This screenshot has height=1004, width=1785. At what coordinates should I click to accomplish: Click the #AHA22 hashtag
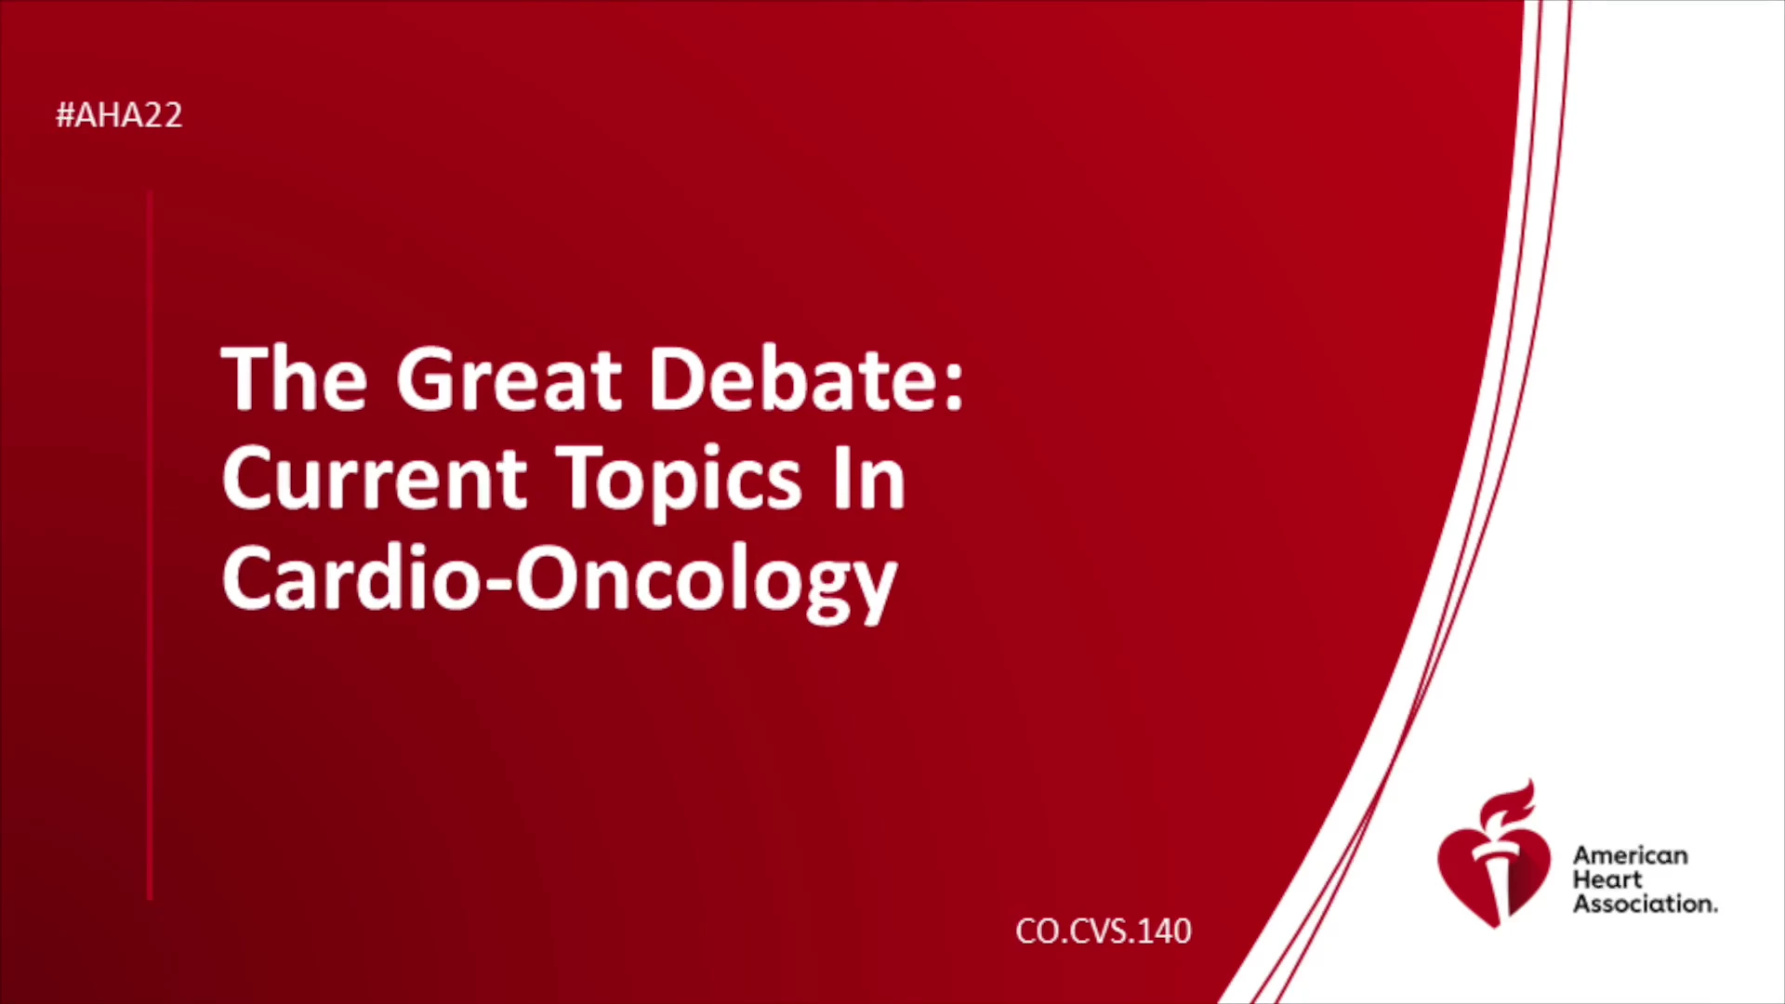coord(119,115)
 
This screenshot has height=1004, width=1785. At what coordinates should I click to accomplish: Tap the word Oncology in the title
coord(707,583)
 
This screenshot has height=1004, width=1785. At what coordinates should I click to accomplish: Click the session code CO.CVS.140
coord(1104,931)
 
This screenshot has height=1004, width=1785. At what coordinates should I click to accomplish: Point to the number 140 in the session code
coord(1164,931)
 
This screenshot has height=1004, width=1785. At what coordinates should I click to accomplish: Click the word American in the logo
coord(1631,855)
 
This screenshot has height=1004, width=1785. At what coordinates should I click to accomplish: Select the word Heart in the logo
coord(1607,879)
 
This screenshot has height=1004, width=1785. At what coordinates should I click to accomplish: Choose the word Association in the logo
coord(1645,904)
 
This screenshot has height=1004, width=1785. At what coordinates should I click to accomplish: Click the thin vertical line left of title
coord(150,546)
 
